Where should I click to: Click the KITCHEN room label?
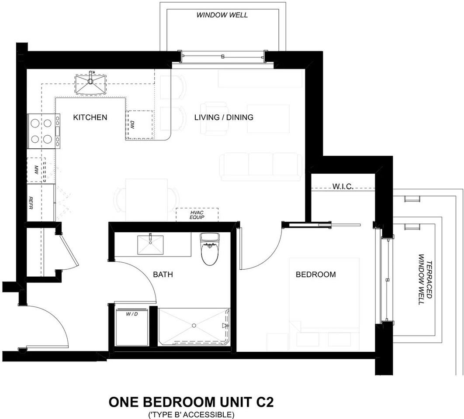(x=90, y=117)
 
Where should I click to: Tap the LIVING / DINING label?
(x=224, y=117)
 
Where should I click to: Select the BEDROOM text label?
(x=316, y=275)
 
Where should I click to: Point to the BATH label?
(x=163, y=275)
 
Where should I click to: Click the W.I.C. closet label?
(x=343, y=186)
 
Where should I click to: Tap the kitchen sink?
(x=90, y=84)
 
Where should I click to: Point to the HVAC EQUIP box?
(x=197, y=215)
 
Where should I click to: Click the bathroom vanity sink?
(x=150, y=244)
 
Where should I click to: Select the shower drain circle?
(x=194, y=325)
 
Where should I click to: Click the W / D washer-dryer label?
(x=132, y=314)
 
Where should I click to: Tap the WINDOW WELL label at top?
(x=222, y=15)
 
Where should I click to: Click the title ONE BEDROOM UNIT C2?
(x=191, y=402)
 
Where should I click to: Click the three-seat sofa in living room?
(x=261, y=167)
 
